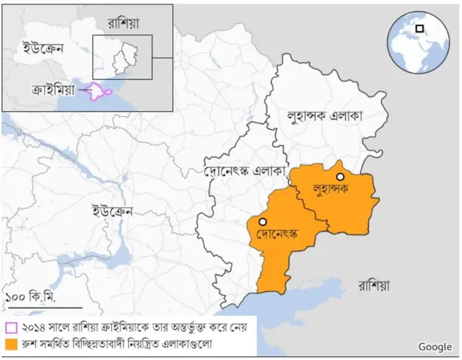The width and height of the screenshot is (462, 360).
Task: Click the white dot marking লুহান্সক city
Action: (x=339, y=177)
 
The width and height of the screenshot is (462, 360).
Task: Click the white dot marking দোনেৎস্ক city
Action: (x=263, y=221)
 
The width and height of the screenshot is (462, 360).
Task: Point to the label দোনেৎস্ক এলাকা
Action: (x=245, y=172)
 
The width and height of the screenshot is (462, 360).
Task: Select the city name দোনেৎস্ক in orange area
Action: (x=277, y=234)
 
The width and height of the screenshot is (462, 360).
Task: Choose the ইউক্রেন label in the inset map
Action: (x=40, y=49)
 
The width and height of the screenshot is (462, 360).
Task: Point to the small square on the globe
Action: (x=419, y=29)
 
